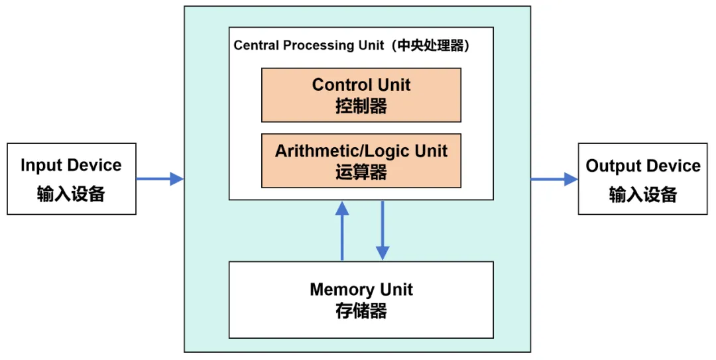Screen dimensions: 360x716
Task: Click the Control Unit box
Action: point(361,95)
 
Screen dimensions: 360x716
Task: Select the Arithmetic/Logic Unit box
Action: point(361,161)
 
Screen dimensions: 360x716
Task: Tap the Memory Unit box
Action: point(361,300)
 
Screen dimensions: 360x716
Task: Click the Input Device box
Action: point(71,178)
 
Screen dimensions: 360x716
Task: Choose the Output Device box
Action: point(642,178)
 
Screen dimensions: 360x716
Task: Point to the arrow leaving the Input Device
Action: point(159,178)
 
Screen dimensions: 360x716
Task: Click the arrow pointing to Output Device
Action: point(554,178)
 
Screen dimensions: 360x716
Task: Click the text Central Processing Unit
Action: point(309,46)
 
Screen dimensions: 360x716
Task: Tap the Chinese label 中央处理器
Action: point(431,46)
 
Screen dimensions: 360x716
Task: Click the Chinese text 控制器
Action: point(361,106)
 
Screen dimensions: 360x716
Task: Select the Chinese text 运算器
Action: point(361,172)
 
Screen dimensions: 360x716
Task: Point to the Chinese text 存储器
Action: point(361,311)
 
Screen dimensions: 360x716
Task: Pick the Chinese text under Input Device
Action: point(71,194)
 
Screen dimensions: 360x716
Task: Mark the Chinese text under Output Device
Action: point(642,194)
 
